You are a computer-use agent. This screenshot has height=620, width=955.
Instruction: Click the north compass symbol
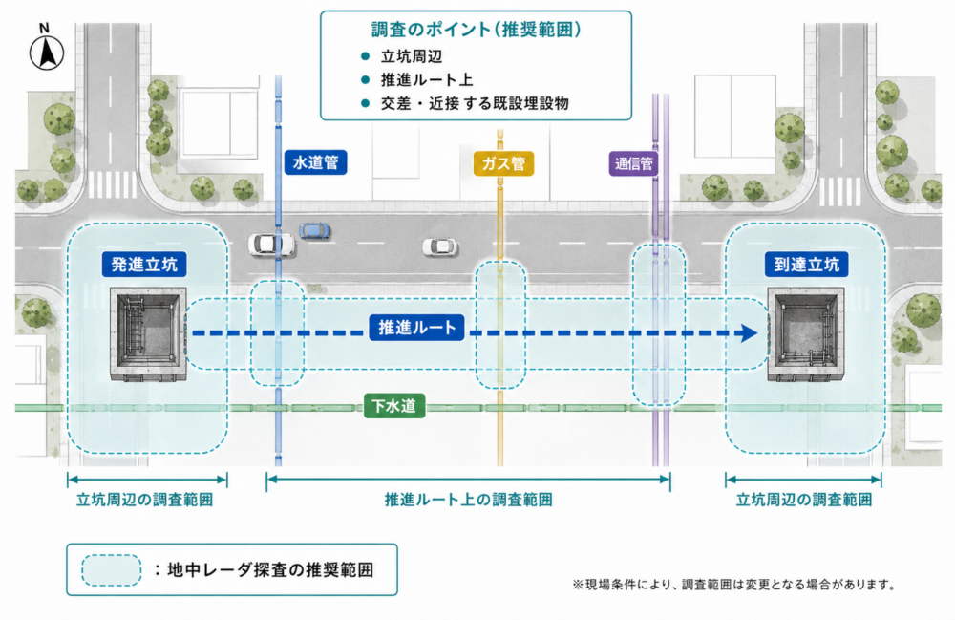point(46,49)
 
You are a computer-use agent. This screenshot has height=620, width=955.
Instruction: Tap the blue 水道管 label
point(315,162)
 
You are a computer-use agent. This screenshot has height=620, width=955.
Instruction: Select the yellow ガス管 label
point(503,163)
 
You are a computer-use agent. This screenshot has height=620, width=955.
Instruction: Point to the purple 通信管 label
point(633,163)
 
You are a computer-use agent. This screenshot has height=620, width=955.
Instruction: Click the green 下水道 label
point(394,406)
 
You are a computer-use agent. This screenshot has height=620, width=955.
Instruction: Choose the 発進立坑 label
point(144,265)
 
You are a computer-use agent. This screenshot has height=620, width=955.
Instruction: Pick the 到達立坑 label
point(806,265)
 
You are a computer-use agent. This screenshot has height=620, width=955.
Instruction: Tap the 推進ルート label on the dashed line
point(417,328)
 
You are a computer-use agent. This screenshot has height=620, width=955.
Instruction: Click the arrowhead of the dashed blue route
point(749,333)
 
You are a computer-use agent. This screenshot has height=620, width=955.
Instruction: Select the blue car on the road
point(315,230)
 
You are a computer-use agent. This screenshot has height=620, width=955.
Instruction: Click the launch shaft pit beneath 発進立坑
point(148,334)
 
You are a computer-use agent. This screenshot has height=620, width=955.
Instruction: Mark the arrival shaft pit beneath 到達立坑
point(806,334)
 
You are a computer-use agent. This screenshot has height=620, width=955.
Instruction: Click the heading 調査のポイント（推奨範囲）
point(477,30)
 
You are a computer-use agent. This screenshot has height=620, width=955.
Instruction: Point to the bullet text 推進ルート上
point(427,80)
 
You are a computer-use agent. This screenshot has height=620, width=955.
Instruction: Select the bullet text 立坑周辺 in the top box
point(412,56)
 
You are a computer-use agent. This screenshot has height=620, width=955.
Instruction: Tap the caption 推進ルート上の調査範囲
point(468,500)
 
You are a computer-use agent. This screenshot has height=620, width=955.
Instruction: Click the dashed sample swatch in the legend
point(112,570)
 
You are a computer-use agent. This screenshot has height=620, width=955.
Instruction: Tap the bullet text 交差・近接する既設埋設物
point(475,103)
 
